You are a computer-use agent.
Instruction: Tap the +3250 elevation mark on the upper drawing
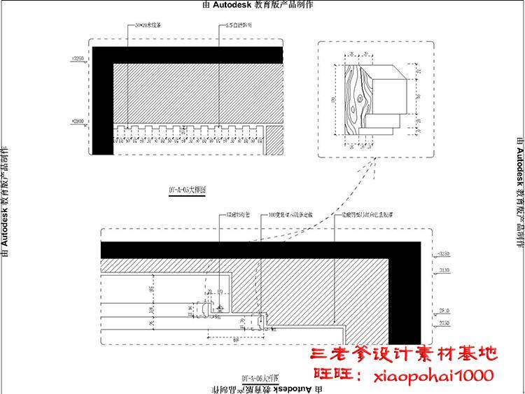[78, 59]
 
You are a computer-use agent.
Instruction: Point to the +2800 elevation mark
[78, 122]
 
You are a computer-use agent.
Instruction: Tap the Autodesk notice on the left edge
[6, 196]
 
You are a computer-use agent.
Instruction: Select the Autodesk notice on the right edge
[519, 196]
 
